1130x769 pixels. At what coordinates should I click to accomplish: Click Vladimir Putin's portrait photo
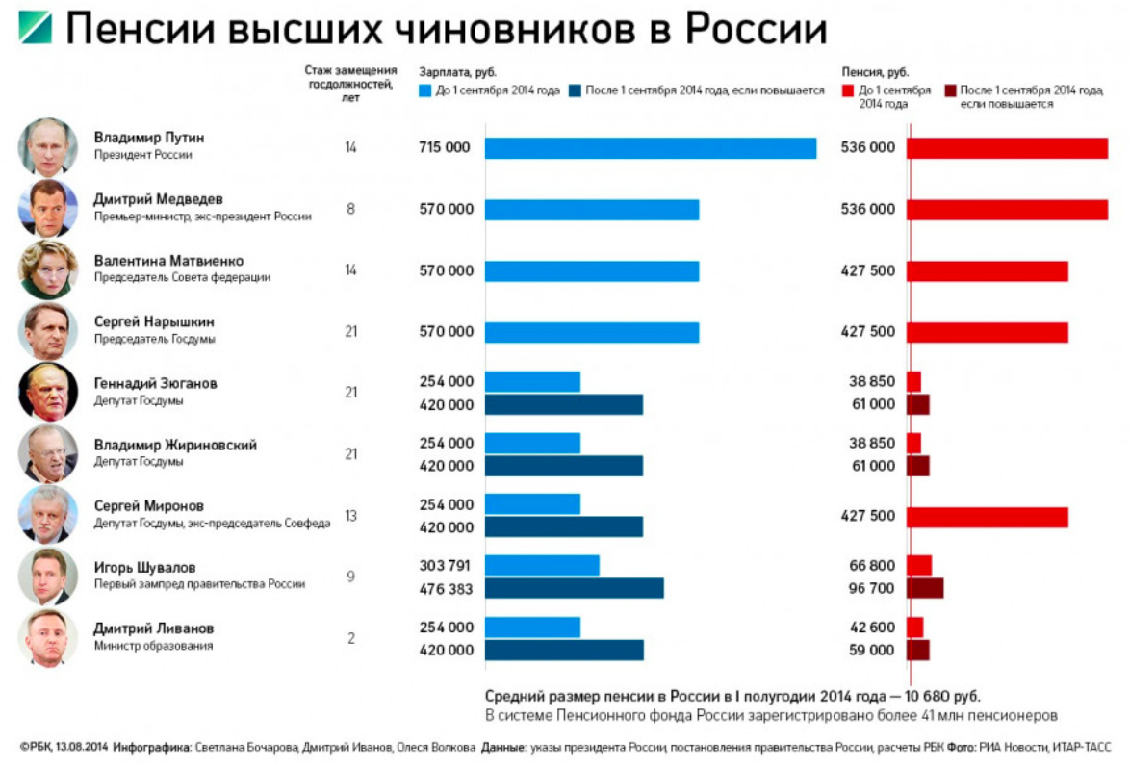pos(47,147)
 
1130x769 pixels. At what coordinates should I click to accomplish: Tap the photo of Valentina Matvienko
pos(47,269)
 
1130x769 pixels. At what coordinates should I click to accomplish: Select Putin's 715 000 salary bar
pos(650,148)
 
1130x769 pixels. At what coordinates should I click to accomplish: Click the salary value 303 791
pos(447,566)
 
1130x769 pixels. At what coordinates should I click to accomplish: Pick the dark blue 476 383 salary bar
pos(574,588)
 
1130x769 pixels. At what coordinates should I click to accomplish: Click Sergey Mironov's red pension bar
pos(987,517)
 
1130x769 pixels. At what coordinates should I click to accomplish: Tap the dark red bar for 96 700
pos(924,588)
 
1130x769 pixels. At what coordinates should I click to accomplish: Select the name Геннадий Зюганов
pos(155,383)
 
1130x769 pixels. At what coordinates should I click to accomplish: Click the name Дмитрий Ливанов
pos(154,628)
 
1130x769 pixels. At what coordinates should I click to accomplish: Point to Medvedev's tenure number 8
pos(350,209)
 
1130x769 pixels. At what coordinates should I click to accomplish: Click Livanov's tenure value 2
pos(350,638)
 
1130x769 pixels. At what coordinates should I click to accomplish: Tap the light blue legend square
pos(425,90)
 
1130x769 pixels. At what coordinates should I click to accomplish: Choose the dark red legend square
pos(950,90)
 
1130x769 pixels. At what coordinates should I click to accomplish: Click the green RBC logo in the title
pos(35,28)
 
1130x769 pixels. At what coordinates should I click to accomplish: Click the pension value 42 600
pos(871,628)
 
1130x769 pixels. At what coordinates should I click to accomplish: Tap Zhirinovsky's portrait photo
pos(47,454)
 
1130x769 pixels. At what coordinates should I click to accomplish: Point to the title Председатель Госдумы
pos(154,339)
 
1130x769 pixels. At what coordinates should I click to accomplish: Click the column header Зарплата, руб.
pos(457,72)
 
